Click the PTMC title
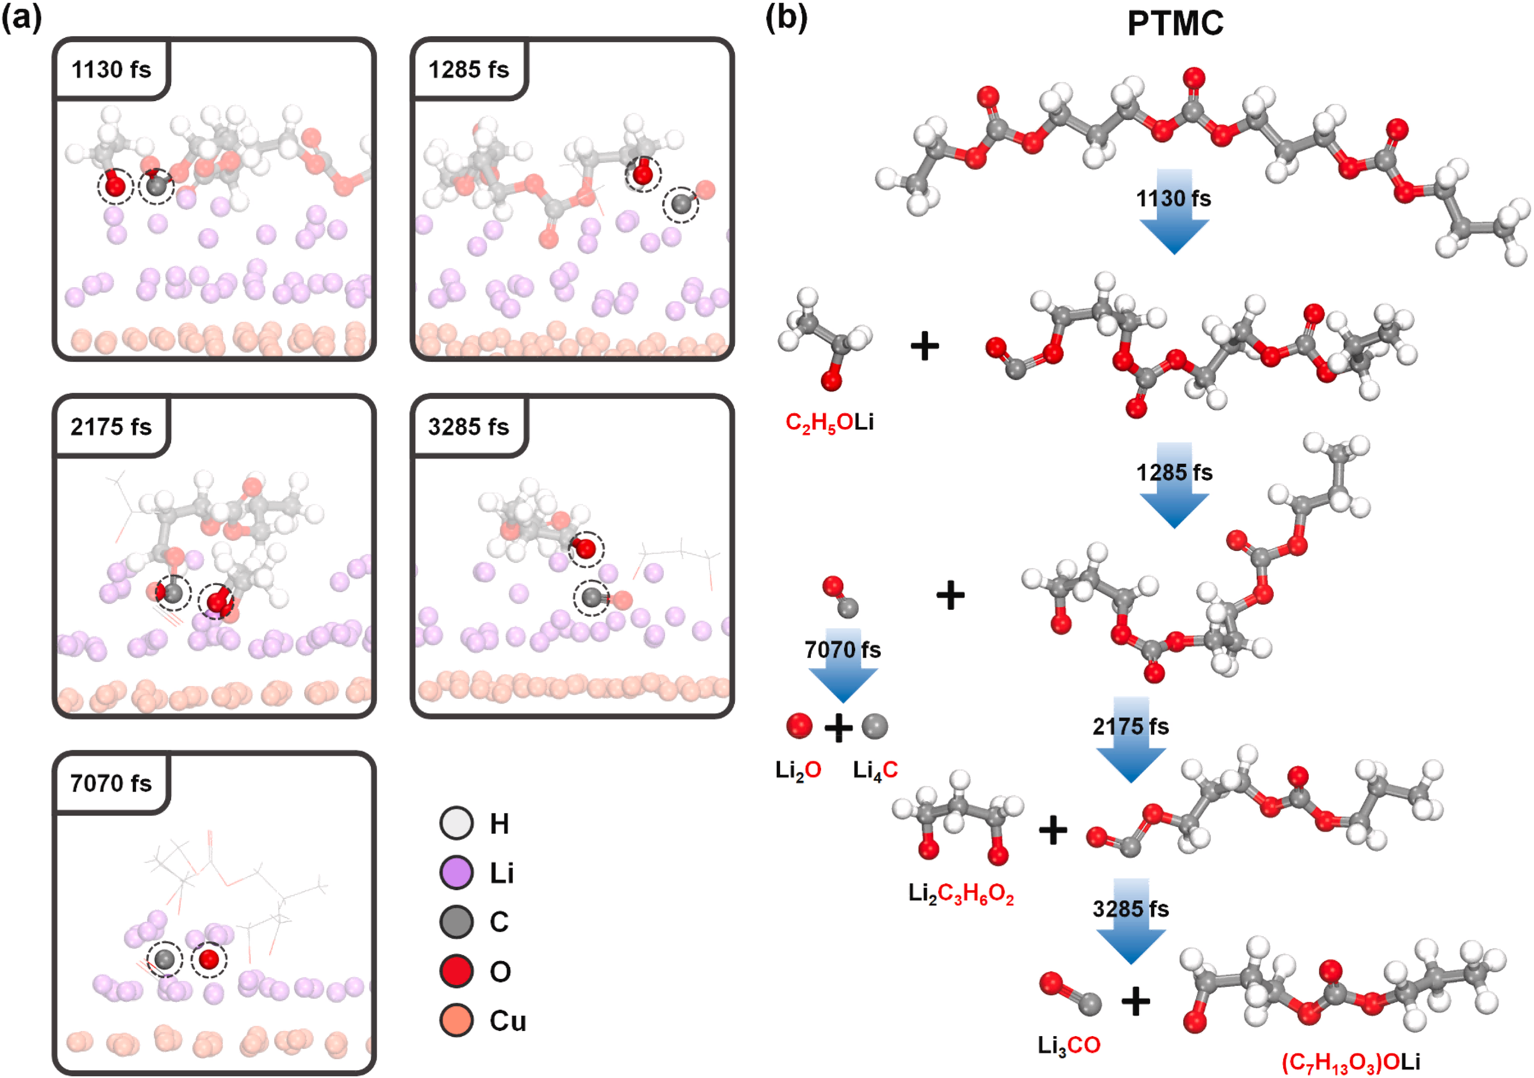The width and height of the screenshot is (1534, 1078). pyautogui.click(x=1175, y=24)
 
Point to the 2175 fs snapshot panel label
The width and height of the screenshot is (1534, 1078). pyautogui.click(x=111, y=427)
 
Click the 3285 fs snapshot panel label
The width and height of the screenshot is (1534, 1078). pyautogui.click(x=468, y=427)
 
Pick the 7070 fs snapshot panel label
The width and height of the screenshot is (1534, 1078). pyautogui.click(x=111, y=783)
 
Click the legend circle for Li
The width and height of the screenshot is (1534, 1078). pyautogui.click(x=456, y=872)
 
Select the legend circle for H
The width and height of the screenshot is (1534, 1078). pyautogui.click(x=456, y=823)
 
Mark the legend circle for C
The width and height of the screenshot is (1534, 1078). pyautogui.click(x=456, y=922)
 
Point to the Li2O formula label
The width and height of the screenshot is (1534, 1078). pyautogui.click(x=798, y=770)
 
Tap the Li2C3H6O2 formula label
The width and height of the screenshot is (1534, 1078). pyautogui.click(x=961, y=893)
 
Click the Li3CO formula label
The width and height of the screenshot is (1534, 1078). pyautogui.click(x=1068, y=1045)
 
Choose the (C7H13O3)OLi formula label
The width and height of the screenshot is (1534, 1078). pyautogui.click(x=1351, y=1062)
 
